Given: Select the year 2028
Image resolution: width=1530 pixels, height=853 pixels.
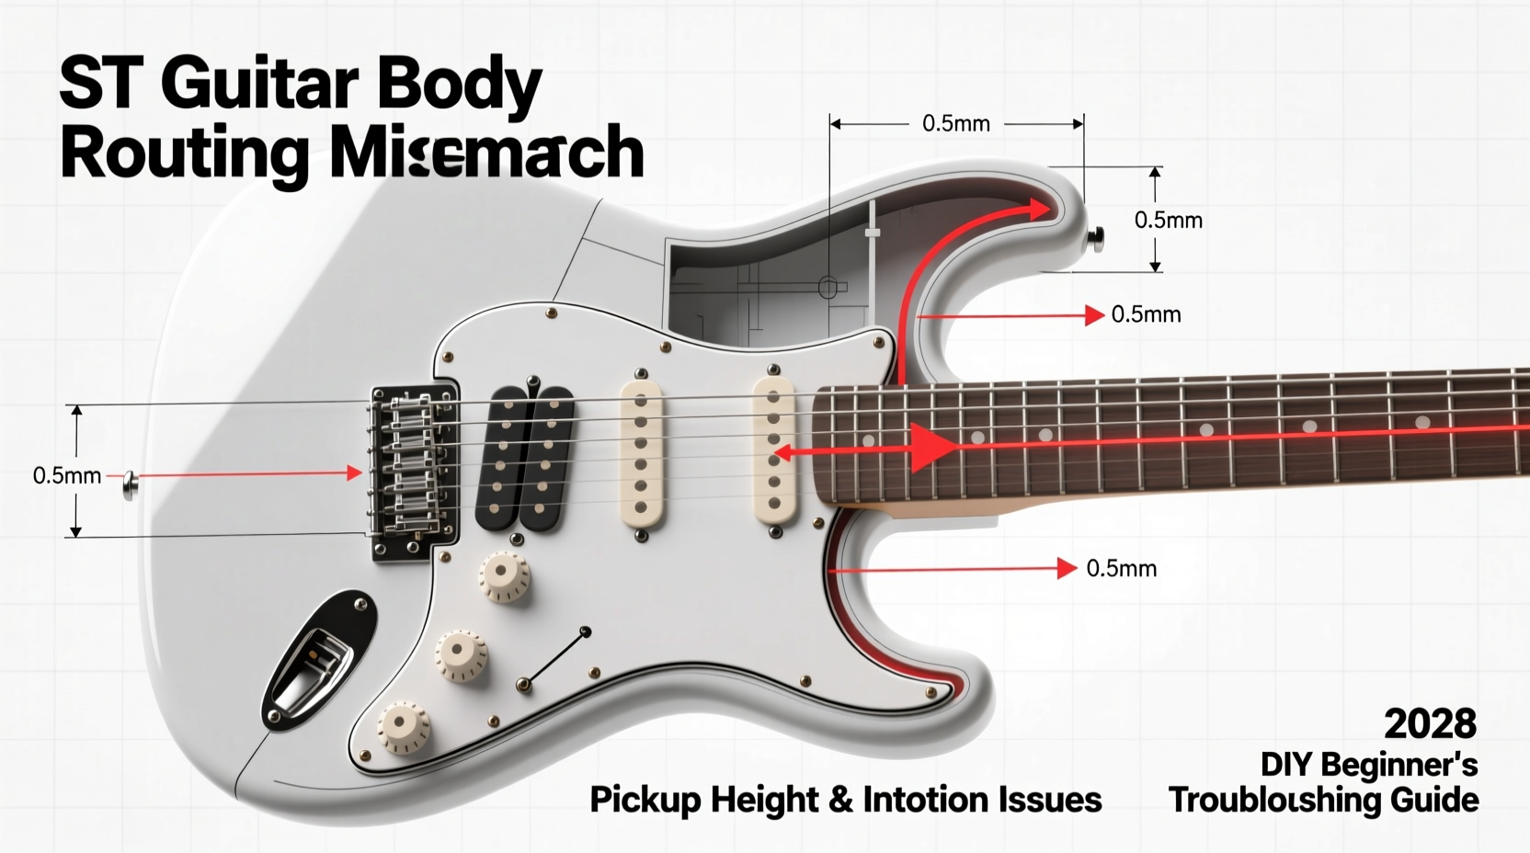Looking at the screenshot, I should [x=1430, y=724].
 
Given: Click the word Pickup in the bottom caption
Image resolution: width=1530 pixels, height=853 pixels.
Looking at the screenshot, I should [x=644, y=800].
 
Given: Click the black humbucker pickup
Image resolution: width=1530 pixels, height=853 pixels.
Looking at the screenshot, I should [x=525, y=459].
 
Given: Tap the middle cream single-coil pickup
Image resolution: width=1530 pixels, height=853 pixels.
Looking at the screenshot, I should [x=641, y=454].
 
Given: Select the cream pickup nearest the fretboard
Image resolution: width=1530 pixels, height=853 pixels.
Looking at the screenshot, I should [x=773, y=450].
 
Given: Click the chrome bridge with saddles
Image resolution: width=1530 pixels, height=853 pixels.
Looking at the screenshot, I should [x=413, y=471].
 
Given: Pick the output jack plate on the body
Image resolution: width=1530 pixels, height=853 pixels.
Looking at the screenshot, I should [x=318, y=657].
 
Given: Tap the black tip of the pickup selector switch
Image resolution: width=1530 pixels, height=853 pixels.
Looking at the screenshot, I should [x=586, y=631].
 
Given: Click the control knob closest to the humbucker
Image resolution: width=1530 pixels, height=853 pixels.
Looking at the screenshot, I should [x=503, y=576].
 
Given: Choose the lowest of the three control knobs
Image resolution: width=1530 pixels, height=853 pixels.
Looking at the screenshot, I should [x=403, y=726].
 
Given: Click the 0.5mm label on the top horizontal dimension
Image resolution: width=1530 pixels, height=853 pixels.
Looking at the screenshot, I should [x=955, y=124].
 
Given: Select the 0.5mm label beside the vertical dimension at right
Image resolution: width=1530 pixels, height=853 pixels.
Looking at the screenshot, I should [x=1168, y=221].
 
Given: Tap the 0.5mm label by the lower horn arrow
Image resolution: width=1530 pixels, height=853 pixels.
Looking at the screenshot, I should [x=1121, y=569].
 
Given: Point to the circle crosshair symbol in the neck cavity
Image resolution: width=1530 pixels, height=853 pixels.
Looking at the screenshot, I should [x=828, y=289].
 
